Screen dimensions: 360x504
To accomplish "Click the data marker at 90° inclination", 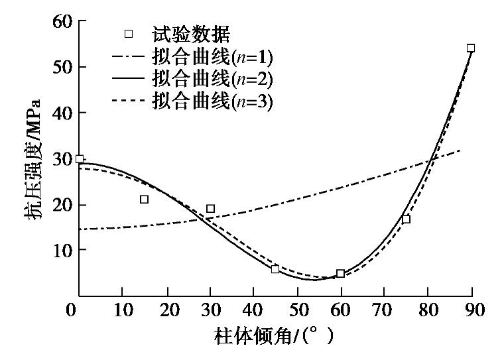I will [x=471, y=48].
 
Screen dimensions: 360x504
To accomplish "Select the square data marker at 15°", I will [x=144, y=199].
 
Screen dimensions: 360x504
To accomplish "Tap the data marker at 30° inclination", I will [x=210, y=208].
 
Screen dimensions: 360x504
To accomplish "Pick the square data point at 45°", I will [x=275, y=269].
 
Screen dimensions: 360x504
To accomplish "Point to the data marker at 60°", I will [x=340, y=273].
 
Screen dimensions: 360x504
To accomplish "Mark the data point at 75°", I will [x=406, y=219].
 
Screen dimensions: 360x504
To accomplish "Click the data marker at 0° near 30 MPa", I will [x=80, y=159].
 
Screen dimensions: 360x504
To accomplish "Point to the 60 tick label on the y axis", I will [x=62, y=21].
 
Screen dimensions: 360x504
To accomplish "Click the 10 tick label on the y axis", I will [x=62, y=250].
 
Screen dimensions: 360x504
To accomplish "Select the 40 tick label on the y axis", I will [x=62, y=113].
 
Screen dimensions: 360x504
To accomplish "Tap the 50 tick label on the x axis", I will [x=296, y=310].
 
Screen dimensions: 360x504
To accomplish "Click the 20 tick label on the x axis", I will [x=166, y=310].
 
